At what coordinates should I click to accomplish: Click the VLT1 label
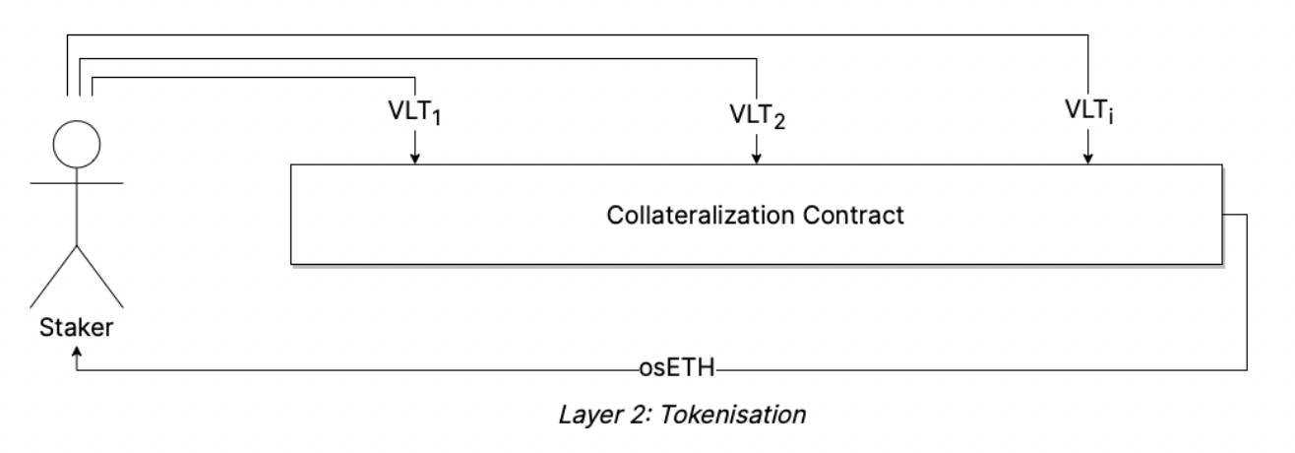click(x=414, y=112)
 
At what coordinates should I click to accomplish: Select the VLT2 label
click(x=757, y=114)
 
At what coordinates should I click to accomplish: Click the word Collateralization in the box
click(x=685, y=215)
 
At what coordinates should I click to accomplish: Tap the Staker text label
click(x=76, y=328)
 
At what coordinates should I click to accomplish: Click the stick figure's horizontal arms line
click(x=76, y=183)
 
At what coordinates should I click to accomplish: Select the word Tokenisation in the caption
click(x=733, y=415)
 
